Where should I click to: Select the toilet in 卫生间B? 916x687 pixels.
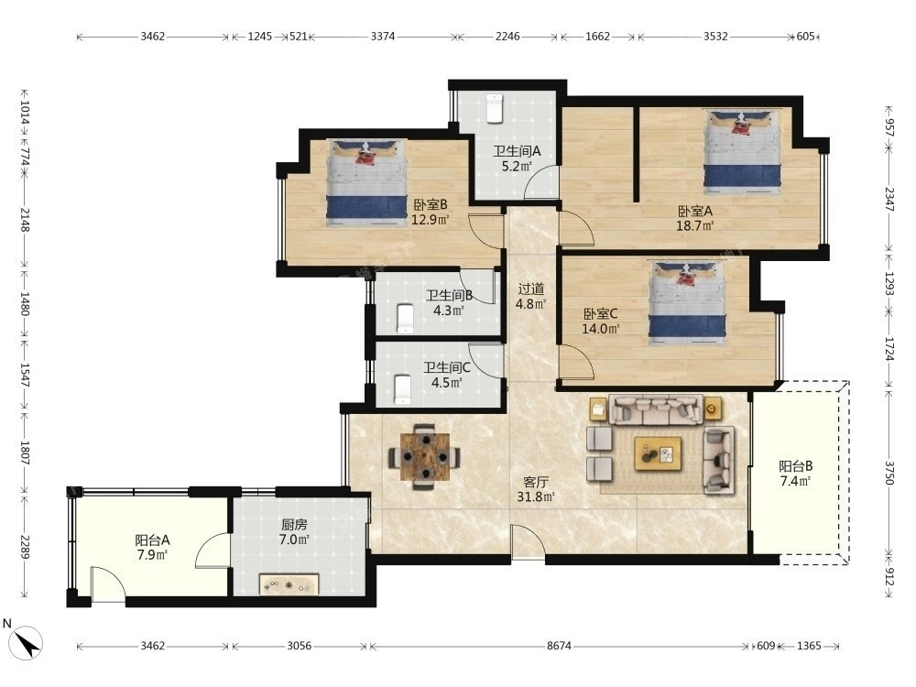pos(404,319)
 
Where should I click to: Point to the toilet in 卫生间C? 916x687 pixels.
pos(402,389)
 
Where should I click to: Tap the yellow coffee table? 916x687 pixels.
pos(658,453)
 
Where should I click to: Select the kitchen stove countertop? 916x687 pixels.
pos(289,584)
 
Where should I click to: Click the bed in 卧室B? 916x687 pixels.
pos(366,182)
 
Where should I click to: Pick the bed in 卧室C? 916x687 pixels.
pos(688,302)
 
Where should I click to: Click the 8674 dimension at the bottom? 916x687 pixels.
pos(559,646)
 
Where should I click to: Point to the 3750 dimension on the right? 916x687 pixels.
pos(889,472)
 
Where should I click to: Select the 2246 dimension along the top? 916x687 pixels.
pos(507,37)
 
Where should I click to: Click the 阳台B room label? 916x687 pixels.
pos(796,466)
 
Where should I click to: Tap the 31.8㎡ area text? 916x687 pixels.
pos(535,497)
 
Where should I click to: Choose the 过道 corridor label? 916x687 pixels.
pos(531,289)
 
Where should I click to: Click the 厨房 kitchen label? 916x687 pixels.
pos(294,525)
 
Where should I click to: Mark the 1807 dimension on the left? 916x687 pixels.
pos(25,453)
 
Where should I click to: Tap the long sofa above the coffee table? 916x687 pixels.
pos(656,409)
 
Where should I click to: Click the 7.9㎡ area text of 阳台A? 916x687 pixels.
pos(152,554)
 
